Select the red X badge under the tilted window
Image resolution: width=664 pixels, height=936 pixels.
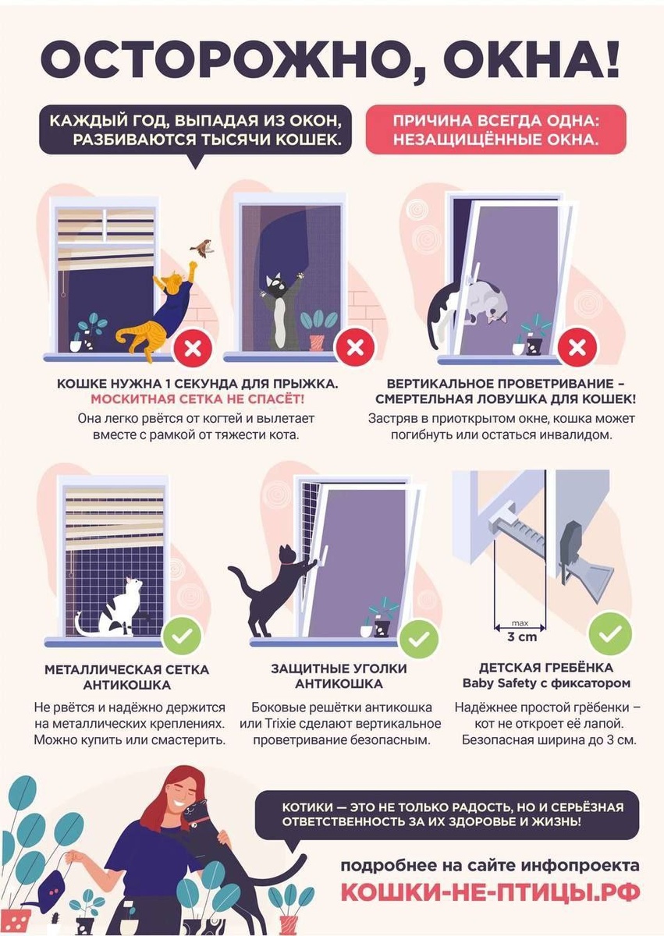577,348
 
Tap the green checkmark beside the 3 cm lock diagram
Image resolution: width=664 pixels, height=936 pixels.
610,633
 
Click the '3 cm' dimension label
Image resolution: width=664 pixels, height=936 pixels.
521,637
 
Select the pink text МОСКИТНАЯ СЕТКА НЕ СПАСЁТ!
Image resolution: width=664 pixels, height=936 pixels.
197,399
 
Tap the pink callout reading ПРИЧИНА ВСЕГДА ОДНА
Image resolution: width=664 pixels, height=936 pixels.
496,129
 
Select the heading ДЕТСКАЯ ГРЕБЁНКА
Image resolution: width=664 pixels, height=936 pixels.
546,668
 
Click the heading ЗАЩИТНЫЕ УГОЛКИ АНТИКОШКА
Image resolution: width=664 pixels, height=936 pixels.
339,676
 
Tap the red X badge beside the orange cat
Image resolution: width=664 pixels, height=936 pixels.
193,348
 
